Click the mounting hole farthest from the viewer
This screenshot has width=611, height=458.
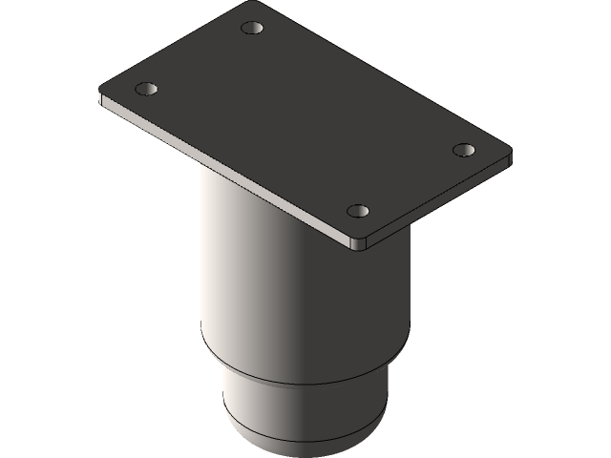[x=252, y=28]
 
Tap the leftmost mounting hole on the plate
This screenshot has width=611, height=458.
[x=146, y=89]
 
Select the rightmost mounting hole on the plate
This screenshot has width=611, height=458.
[x=464, y=150]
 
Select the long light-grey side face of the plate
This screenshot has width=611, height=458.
[x=229, y=172]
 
